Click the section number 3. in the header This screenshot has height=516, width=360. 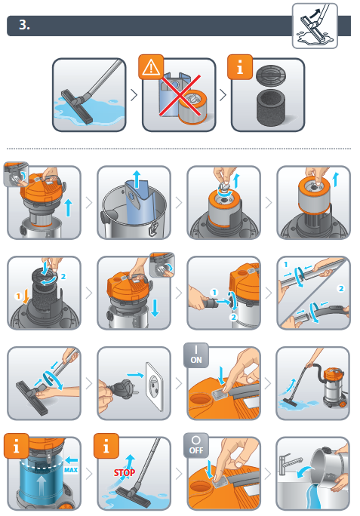point(24,25)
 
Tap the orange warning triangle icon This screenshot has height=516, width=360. point(151,67)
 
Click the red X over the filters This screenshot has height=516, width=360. point(180,96)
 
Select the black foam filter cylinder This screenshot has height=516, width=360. point(271,106)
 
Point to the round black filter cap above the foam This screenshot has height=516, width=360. point(271,75)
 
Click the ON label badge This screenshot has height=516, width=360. point(196,356)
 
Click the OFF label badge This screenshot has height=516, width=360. point(196,446)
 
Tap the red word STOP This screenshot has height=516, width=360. point(125,473)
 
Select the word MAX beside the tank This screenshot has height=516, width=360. point(71,470)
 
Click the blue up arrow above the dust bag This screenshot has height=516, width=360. point(137,180)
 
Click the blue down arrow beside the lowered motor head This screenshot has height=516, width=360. point(155,307)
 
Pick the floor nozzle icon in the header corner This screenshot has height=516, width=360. point(315,26)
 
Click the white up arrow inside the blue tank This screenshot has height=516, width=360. point(41,486)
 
